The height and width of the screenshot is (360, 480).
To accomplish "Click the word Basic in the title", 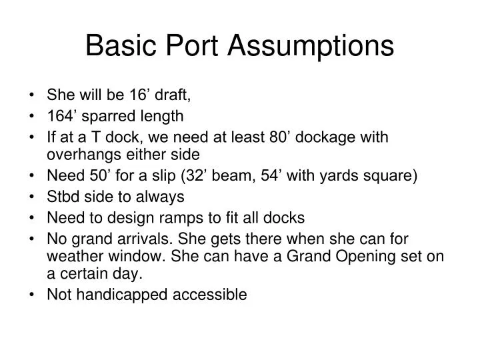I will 117,45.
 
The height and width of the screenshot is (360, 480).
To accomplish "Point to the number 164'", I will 60,117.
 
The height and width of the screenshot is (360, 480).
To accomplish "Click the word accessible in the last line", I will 209,294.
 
